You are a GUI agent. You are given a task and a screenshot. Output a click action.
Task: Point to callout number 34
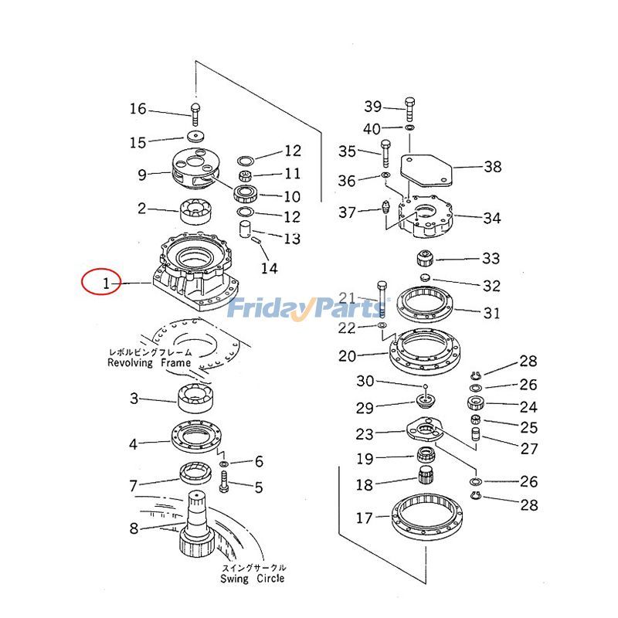click(491, 219)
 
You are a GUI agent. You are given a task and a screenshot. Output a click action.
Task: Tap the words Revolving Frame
click(149, 362)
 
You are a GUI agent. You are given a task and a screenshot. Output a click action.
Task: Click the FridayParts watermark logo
click(308, 308)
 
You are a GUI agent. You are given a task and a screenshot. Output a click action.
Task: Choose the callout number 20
click(348, 356)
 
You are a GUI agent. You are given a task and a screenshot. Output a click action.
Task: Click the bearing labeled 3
click(198, 397)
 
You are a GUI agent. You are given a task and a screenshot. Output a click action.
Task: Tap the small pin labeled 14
click(258, 242)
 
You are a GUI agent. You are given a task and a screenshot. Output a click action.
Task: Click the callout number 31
click(491, 314)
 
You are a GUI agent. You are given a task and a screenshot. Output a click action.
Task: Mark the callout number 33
click(491, 259)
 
